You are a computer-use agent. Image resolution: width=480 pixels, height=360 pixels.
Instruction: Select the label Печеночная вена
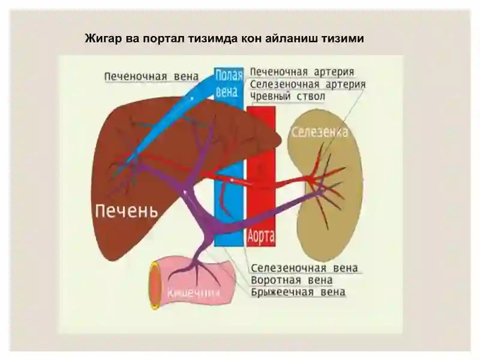click(x=152, y=76)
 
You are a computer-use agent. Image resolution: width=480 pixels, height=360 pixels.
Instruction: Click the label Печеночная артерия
click(x=302, y=72)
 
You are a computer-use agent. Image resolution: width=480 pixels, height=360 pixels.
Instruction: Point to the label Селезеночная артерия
click(x=308, y=84)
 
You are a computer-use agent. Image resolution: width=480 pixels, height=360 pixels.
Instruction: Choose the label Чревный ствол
click(x=287, y=97)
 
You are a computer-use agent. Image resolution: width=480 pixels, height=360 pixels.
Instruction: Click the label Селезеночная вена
click(x=304, y=268)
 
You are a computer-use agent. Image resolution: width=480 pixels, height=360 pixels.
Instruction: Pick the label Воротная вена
click(x=292, y=280)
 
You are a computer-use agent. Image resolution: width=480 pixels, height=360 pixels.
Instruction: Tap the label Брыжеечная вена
click(x=298, y=292)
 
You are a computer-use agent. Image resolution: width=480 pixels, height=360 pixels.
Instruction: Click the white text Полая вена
click(x=229, y=83)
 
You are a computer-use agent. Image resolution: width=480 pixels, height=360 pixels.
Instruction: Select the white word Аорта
click(x=261, y=236)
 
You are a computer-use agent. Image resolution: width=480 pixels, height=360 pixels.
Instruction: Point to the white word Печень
click(x=127, y=211)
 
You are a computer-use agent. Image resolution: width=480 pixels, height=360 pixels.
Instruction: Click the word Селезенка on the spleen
click(x=320, y=131)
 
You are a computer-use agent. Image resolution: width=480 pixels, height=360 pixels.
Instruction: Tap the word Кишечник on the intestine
click(x=193, y=293)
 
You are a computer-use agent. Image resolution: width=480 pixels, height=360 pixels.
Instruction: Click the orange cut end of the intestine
click(x=155, y=285)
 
